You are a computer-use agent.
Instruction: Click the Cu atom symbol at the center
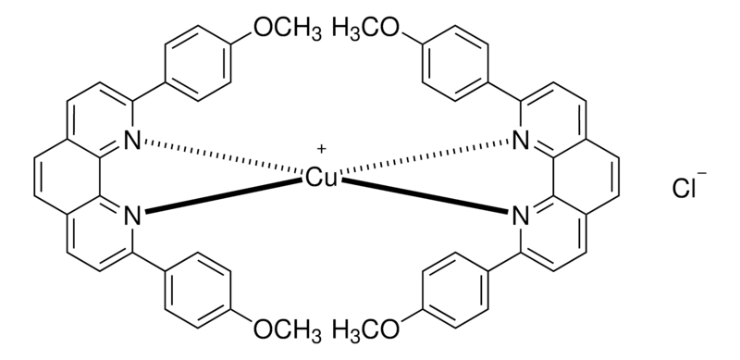(321, 179)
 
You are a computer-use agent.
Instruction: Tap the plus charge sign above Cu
(321, 150)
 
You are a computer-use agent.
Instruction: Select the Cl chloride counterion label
(684, 189)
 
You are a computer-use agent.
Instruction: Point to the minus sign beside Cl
(702, 174)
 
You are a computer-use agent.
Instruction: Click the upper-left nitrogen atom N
(132, 141)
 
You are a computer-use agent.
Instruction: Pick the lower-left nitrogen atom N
(132, 217)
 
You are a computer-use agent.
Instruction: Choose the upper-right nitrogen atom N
(521, 141)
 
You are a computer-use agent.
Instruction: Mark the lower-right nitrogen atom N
(521, 217)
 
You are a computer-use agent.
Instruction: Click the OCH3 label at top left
(288, 29)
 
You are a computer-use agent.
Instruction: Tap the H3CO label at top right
(365, 29)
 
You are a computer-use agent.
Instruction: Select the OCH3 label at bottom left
(288, 329)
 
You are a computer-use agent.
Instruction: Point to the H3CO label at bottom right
(365, 329)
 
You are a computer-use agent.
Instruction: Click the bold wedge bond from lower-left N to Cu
(224, 195)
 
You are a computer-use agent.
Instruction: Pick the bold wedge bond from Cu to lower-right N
(425, 195)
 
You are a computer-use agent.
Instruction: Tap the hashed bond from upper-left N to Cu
(224, 155)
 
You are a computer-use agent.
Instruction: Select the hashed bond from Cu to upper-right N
(425, 155)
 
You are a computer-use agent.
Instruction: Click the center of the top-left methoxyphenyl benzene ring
(198, 64)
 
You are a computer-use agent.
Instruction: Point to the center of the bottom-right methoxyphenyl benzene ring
(455, 290)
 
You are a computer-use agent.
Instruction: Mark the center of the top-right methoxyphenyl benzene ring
(455, 64)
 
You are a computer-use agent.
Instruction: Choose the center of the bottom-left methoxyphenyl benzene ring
(198, 290)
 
